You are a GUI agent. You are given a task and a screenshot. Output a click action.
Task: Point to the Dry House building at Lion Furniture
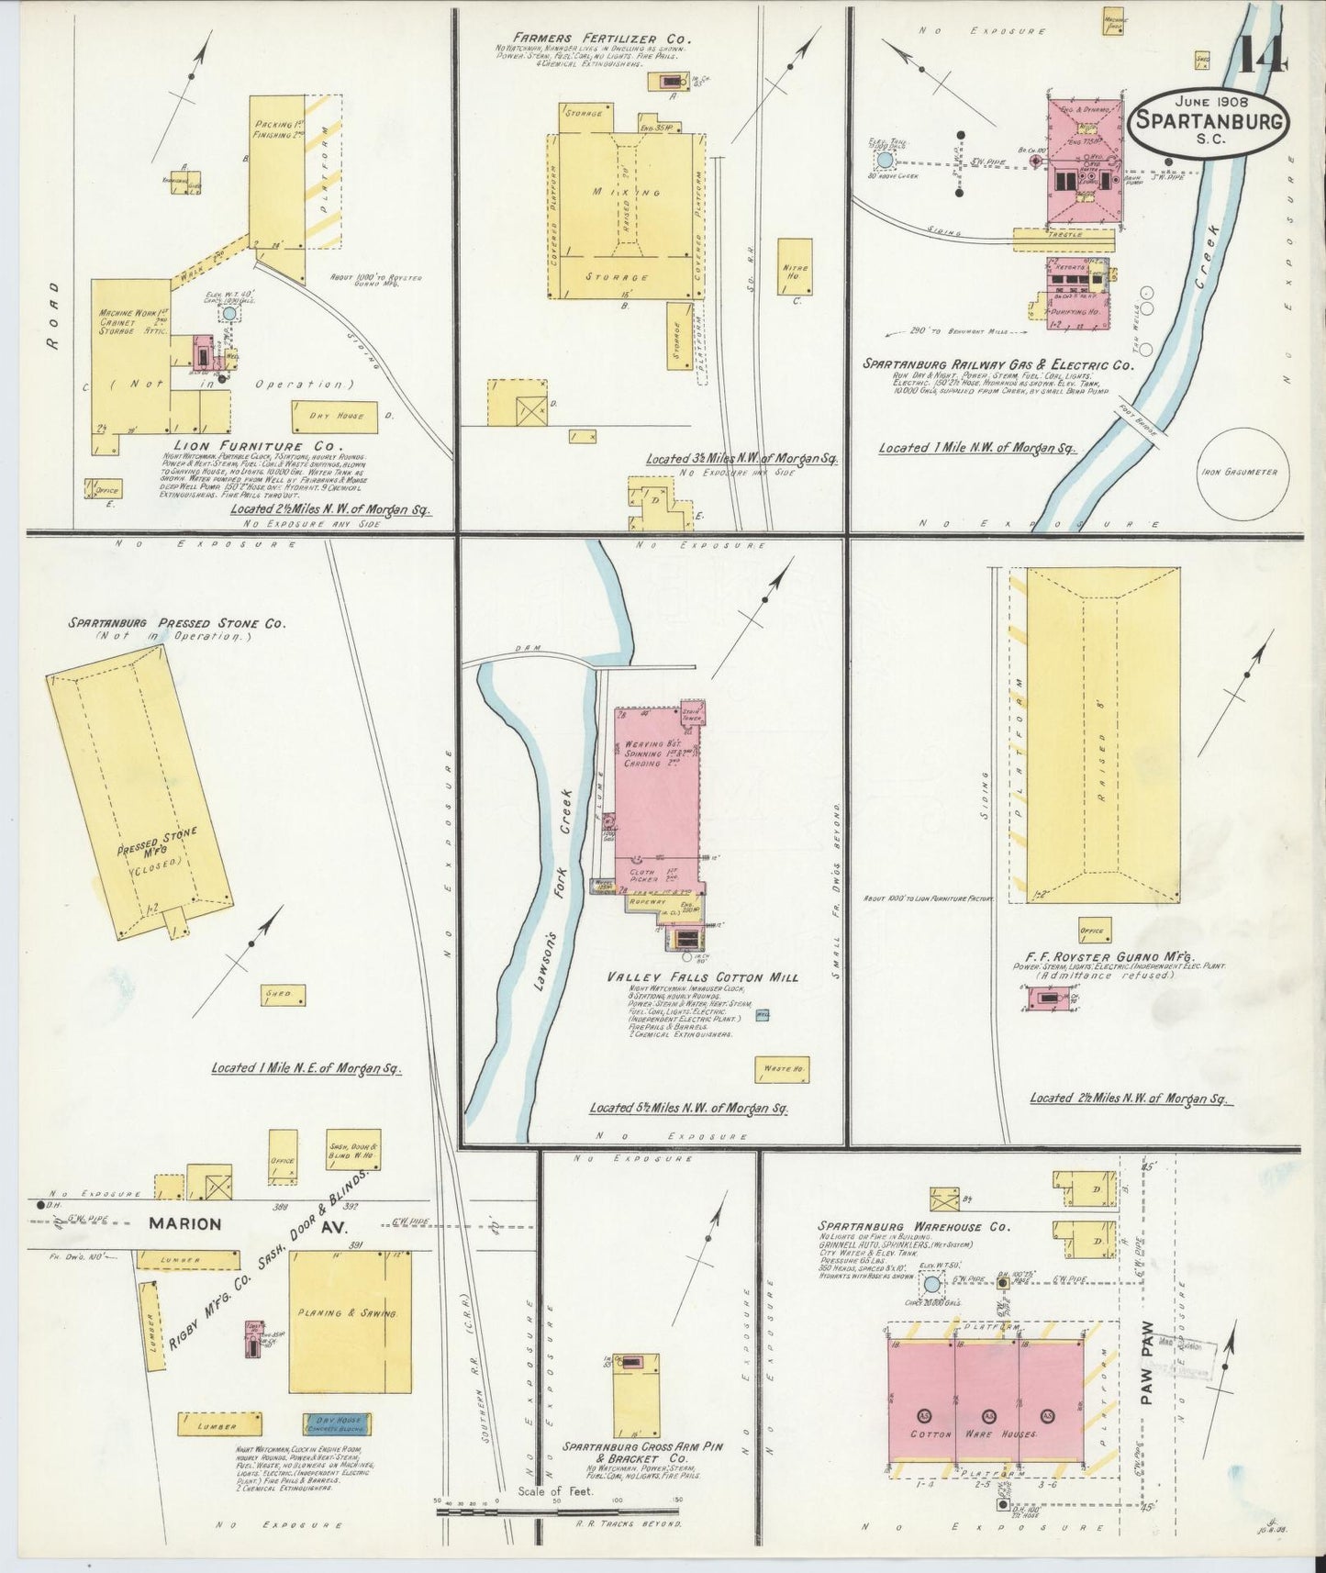coord(334,417)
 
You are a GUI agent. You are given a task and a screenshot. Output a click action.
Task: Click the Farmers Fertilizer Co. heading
coord(600,39)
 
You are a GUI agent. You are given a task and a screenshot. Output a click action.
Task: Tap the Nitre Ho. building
coord(795,266)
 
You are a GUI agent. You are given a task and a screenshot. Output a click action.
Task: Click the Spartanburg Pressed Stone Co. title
coord(176,623)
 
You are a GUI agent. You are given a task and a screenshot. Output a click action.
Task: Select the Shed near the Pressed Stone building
coord(283,995)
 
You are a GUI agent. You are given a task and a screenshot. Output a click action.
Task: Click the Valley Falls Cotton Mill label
coord(702,977)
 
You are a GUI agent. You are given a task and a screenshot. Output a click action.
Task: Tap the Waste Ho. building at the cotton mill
coord(782,1069)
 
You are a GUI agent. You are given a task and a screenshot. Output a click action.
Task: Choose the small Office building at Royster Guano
coord(1095,930)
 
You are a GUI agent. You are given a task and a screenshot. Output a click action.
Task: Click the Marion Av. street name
coord(212,1223)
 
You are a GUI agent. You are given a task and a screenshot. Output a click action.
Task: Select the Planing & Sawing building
coord(350,1314)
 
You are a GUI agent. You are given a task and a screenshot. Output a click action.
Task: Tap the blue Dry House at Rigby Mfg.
coord(337,1423)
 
